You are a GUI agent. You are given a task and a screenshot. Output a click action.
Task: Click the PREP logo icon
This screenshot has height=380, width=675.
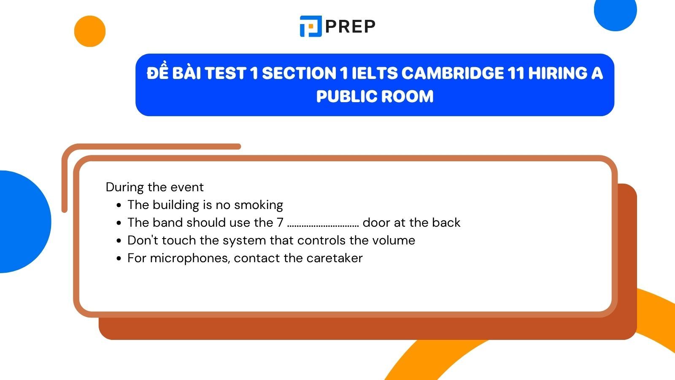(x=310, y=26)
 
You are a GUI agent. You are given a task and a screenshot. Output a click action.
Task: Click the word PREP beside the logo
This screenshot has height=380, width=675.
(x=350, y=27)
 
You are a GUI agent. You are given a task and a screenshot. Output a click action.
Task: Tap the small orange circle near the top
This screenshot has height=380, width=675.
(x=90, y=31)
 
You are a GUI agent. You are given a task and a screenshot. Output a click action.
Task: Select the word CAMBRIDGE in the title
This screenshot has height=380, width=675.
(x=452, y=73)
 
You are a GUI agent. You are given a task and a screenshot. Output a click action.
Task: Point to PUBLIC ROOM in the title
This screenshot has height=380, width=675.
(x=375, y=96)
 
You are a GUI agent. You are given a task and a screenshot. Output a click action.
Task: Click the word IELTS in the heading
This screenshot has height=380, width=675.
(x=375, y=73)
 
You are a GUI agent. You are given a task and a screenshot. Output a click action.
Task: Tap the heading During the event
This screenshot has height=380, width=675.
(x=154, y=187)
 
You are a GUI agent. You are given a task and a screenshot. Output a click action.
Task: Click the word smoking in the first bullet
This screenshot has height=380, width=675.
(x=259, y=205)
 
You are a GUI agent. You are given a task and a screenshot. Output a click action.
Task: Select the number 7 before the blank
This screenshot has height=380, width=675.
(x=280, y=223)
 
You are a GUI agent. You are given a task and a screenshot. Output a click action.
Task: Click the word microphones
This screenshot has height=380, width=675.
(x=190, y=258)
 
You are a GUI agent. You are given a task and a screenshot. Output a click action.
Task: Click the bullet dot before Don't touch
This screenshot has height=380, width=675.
(x=119, y=241)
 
